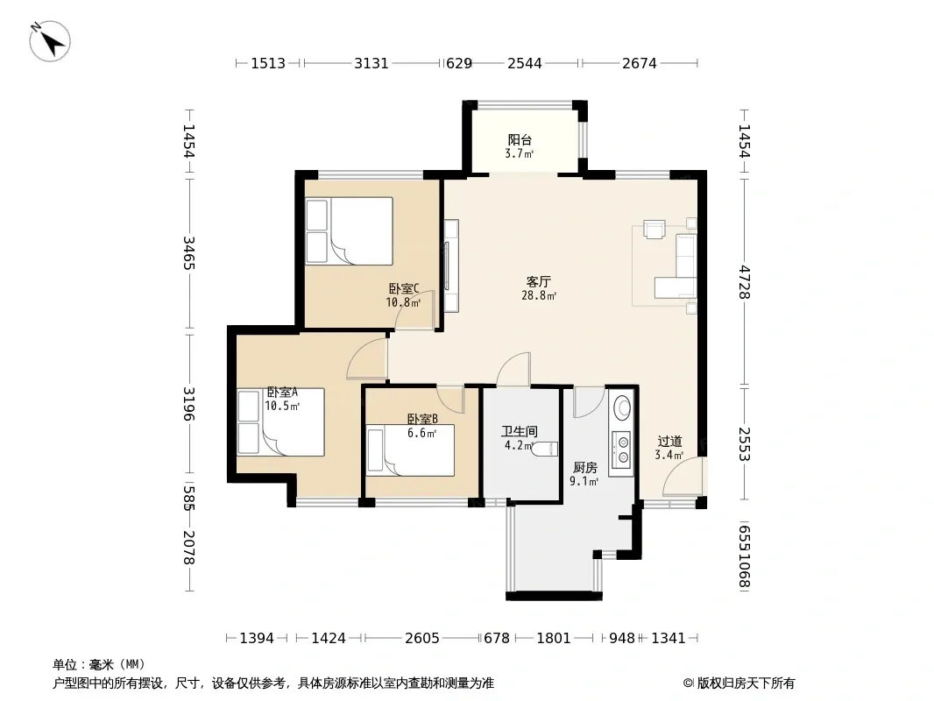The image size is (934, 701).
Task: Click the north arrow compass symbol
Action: pyautogui.click(x=50, y=41)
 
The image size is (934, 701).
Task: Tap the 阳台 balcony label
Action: pyautogui.click(x=520, y=140)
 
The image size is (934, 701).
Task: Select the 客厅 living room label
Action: pyautogui.click(x=539, y=281)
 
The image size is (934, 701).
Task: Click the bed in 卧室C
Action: pyautogui.click(x=350, y=231)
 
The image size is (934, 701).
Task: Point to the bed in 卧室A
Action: pyautogui.click(x=280, y=422)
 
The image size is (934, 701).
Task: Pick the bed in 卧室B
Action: pyautogui.click(x=410, y=450)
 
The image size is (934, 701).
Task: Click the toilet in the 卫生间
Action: pyautogui.click(x=546, y=449)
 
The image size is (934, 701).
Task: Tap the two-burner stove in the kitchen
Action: pyautogui.click(x=623, y=450)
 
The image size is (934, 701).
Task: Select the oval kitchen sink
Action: pyautogui.click(x=623, y=408)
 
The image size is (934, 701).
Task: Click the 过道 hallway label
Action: pyautogui.click(x=669, y=442)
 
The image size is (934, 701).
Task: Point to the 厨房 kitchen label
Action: pyautogui.click(x=585, y=468)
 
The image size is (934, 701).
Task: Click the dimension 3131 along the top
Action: pyautogui.click(x=371, y=63)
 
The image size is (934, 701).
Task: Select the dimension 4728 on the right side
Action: pyautogui.click(x=744, y=282)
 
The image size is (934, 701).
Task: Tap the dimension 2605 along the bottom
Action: pyautogui.click(x=422, y=639)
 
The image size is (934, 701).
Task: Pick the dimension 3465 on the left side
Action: pyautogui.click(x=189, y=253)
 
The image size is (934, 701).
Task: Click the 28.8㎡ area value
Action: pyautogui.click(x=539, y=295)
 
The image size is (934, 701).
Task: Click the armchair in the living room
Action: pyautogui.click(x=654, y=230)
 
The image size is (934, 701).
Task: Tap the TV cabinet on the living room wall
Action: pyautogui.click(x=451, y=266)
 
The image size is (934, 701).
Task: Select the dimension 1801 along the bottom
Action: pyautogui.click(x=554, y=639)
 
